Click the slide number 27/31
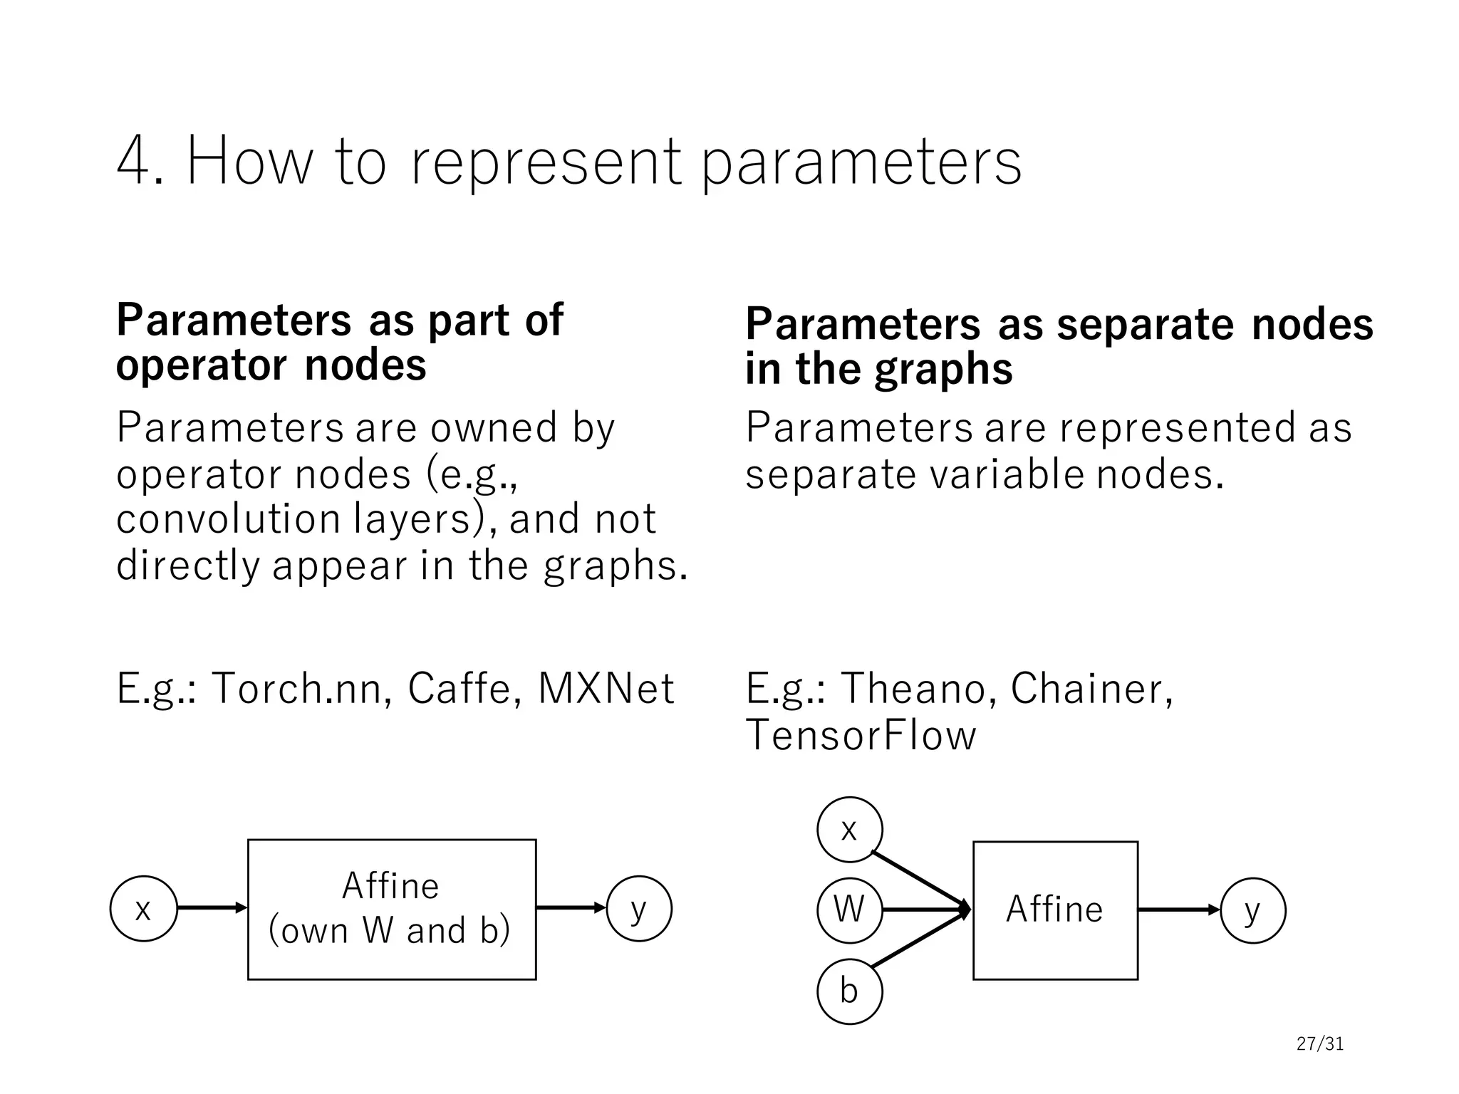pos(1319,1044)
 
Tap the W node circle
pos(849,910)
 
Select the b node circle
pos(849,991)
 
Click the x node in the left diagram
pos(143,909)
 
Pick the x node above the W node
pos(849,830)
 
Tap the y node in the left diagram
pos(639,909)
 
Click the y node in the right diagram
pos(1252,910)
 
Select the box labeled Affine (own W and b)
pos(392,910)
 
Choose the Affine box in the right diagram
pos(1055,910)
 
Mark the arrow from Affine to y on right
pos(1178,910)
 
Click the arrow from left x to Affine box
pos(212,908)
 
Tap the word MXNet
pos(606,689)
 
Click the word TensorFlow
pos(861,736)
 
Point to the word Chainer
pos(1091,689)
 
